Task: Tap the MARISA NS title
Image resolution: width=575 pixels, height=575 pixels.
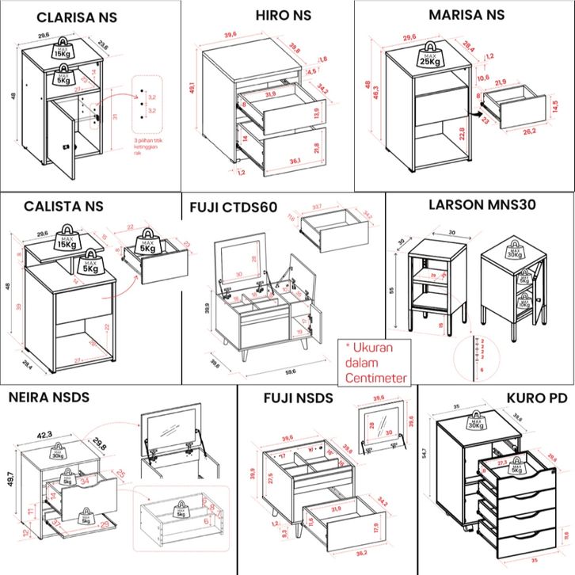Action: [x=466, y=14]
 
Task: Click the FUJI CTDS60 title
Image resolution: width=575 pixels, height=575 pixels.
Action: [x=233, y=208]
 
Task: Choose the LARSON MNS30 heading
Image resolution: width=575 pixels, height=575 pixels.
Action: [x=482, y=204]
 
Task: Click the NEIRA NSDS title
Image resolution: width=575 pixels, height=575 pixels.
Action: [x=49, y=397]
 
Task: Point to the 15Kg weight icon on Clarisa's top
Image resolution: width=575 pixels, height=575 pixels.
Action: [x=63, y=50]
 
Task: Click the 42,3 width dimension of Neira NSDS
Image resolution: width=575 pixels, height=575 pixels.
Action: [x=44, y=435]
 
